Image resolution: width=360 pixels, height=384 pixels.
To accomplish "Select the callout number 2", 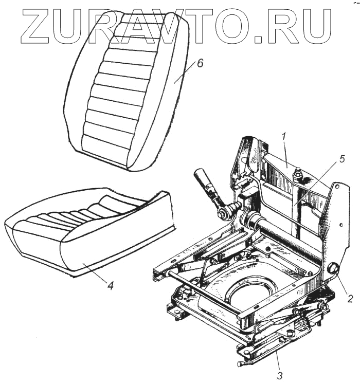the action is (350, 298).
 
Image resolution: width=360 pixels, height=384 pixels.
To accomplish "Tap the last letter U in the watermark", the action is (315, 26).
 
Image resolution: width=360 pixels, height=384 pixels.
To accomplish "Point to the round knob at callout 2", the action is (333, 268).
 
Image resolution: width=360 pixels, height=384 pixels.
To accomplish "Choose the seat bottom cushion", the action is (87, 231).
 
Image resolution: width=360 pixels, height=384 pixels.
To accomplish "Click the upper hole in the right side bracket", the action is (337, 189).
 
